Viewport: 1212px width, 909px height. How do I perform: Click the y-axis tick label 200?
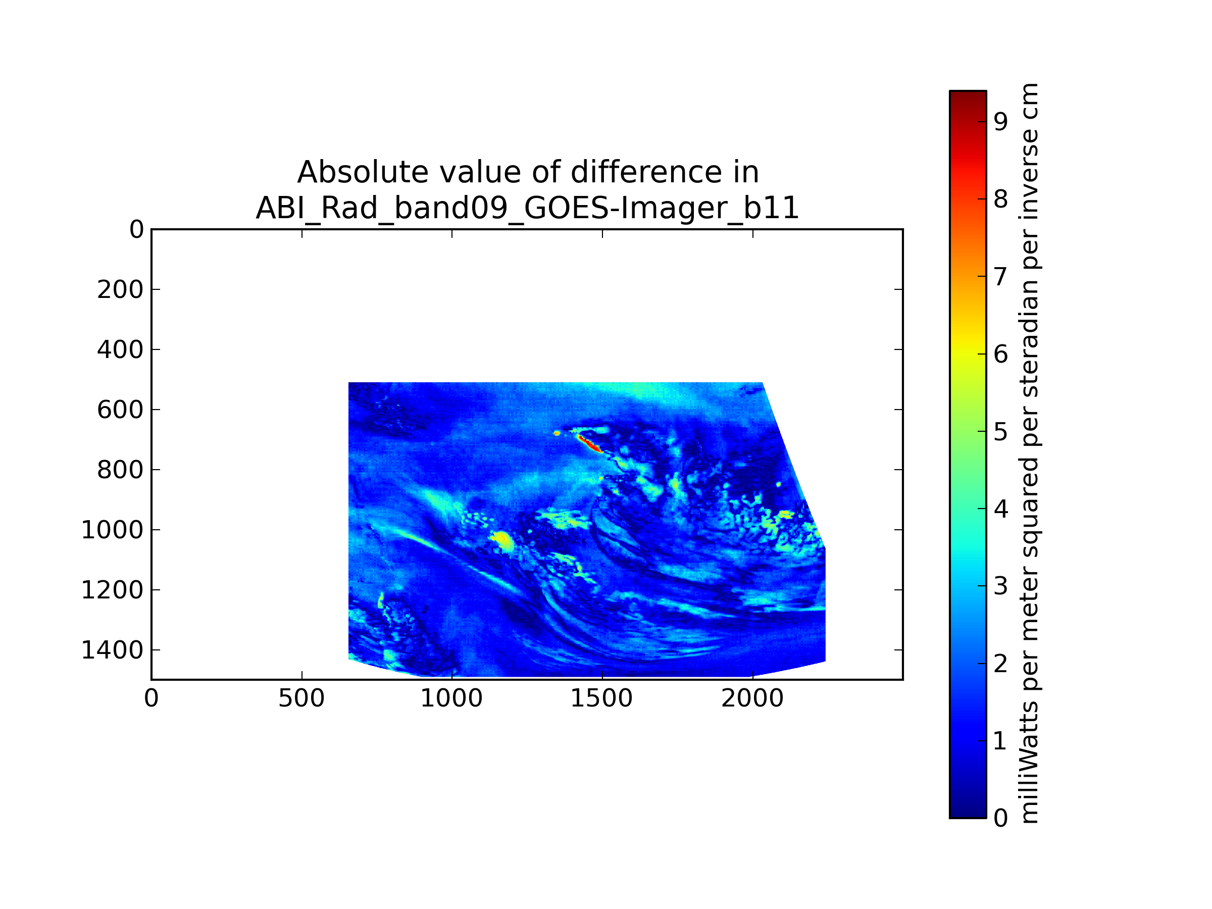click(x=120, y=290)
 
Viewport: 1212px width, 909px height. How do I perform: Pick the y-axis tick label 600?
click(x=120, y=410)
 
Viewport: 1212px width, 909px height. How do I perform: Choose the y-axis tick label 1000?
click(x=112, y=530)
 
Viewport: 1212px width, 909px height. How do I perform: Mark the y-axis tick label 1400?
click(x=112, y=650)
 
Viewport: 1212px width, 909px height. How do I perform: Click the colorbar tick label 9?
click(x=1000, y=122)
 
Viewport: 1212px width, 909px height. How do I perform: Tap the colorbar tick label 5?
click(x=1000, y=432)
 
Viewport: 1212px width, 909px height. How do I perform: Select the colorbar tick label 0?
click(x=1000, y=818)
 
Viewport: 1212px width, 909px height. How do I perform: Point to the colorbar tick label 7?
click(x=1000, y=277)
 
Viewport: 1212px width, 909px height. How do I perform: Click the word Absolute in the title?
click(x=361, y=173)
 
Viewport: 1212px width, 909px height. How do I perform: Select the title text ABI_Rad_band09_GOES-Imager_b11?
click(x=527, y=208)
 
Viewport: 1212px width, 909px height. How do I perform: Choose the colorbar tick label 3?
click(x=1000, y=586)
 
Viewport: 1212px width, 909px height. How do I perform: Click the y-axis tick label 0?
click(x=136, y=230)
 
